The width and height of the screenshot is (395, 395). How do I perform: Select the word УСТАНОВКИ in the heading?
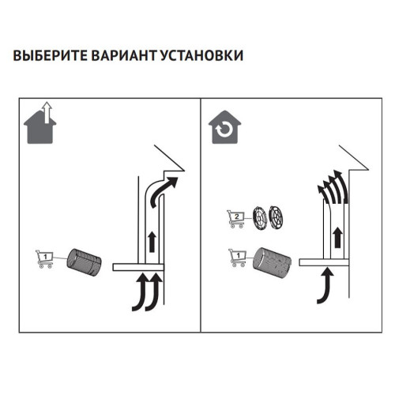pos(201,57)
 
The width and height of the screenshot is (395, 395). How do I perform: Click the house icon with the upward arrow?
pos(40,122)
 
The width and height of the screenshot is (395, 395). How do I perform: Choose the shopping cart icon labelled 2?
pos(235,218)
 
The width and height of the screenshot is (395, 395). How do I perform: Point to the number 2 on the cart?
pos(238,216)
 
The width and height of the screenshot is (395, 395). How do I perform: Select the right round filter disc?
pos(278,216)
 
